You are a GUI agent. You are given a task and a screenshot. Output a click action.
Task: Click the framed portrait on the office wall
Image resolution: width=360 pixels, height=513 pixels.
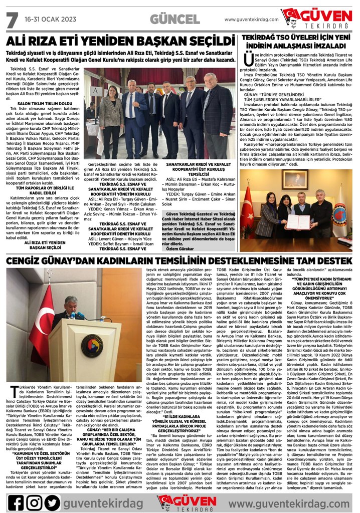point(299,179)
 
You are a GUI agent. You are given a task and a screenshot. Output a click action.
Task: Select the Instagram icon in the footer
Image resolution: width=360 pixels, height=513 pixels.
point(35,501)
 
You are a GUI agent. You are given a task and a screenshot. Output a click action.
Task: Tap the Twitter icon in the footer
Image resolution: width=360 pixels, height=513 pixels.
point(52,501)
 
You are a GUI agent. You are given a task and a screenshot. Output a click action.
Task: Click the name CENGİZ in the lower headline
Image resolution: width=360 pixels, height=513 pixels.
point(28,261)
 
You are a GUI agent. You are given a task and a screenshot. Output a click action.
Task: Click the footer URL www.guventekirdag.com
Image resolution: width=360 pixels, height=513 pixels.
point(289,501)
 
